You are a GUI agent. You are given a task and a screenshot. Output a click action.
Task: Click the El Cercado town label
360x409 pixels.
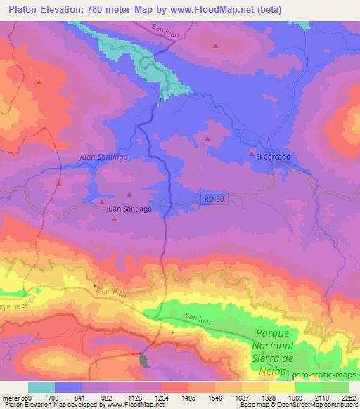(274, 157)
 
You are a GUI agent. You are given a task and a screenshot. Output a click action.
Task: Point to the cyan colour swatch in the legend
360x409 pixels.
(41, 387)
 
